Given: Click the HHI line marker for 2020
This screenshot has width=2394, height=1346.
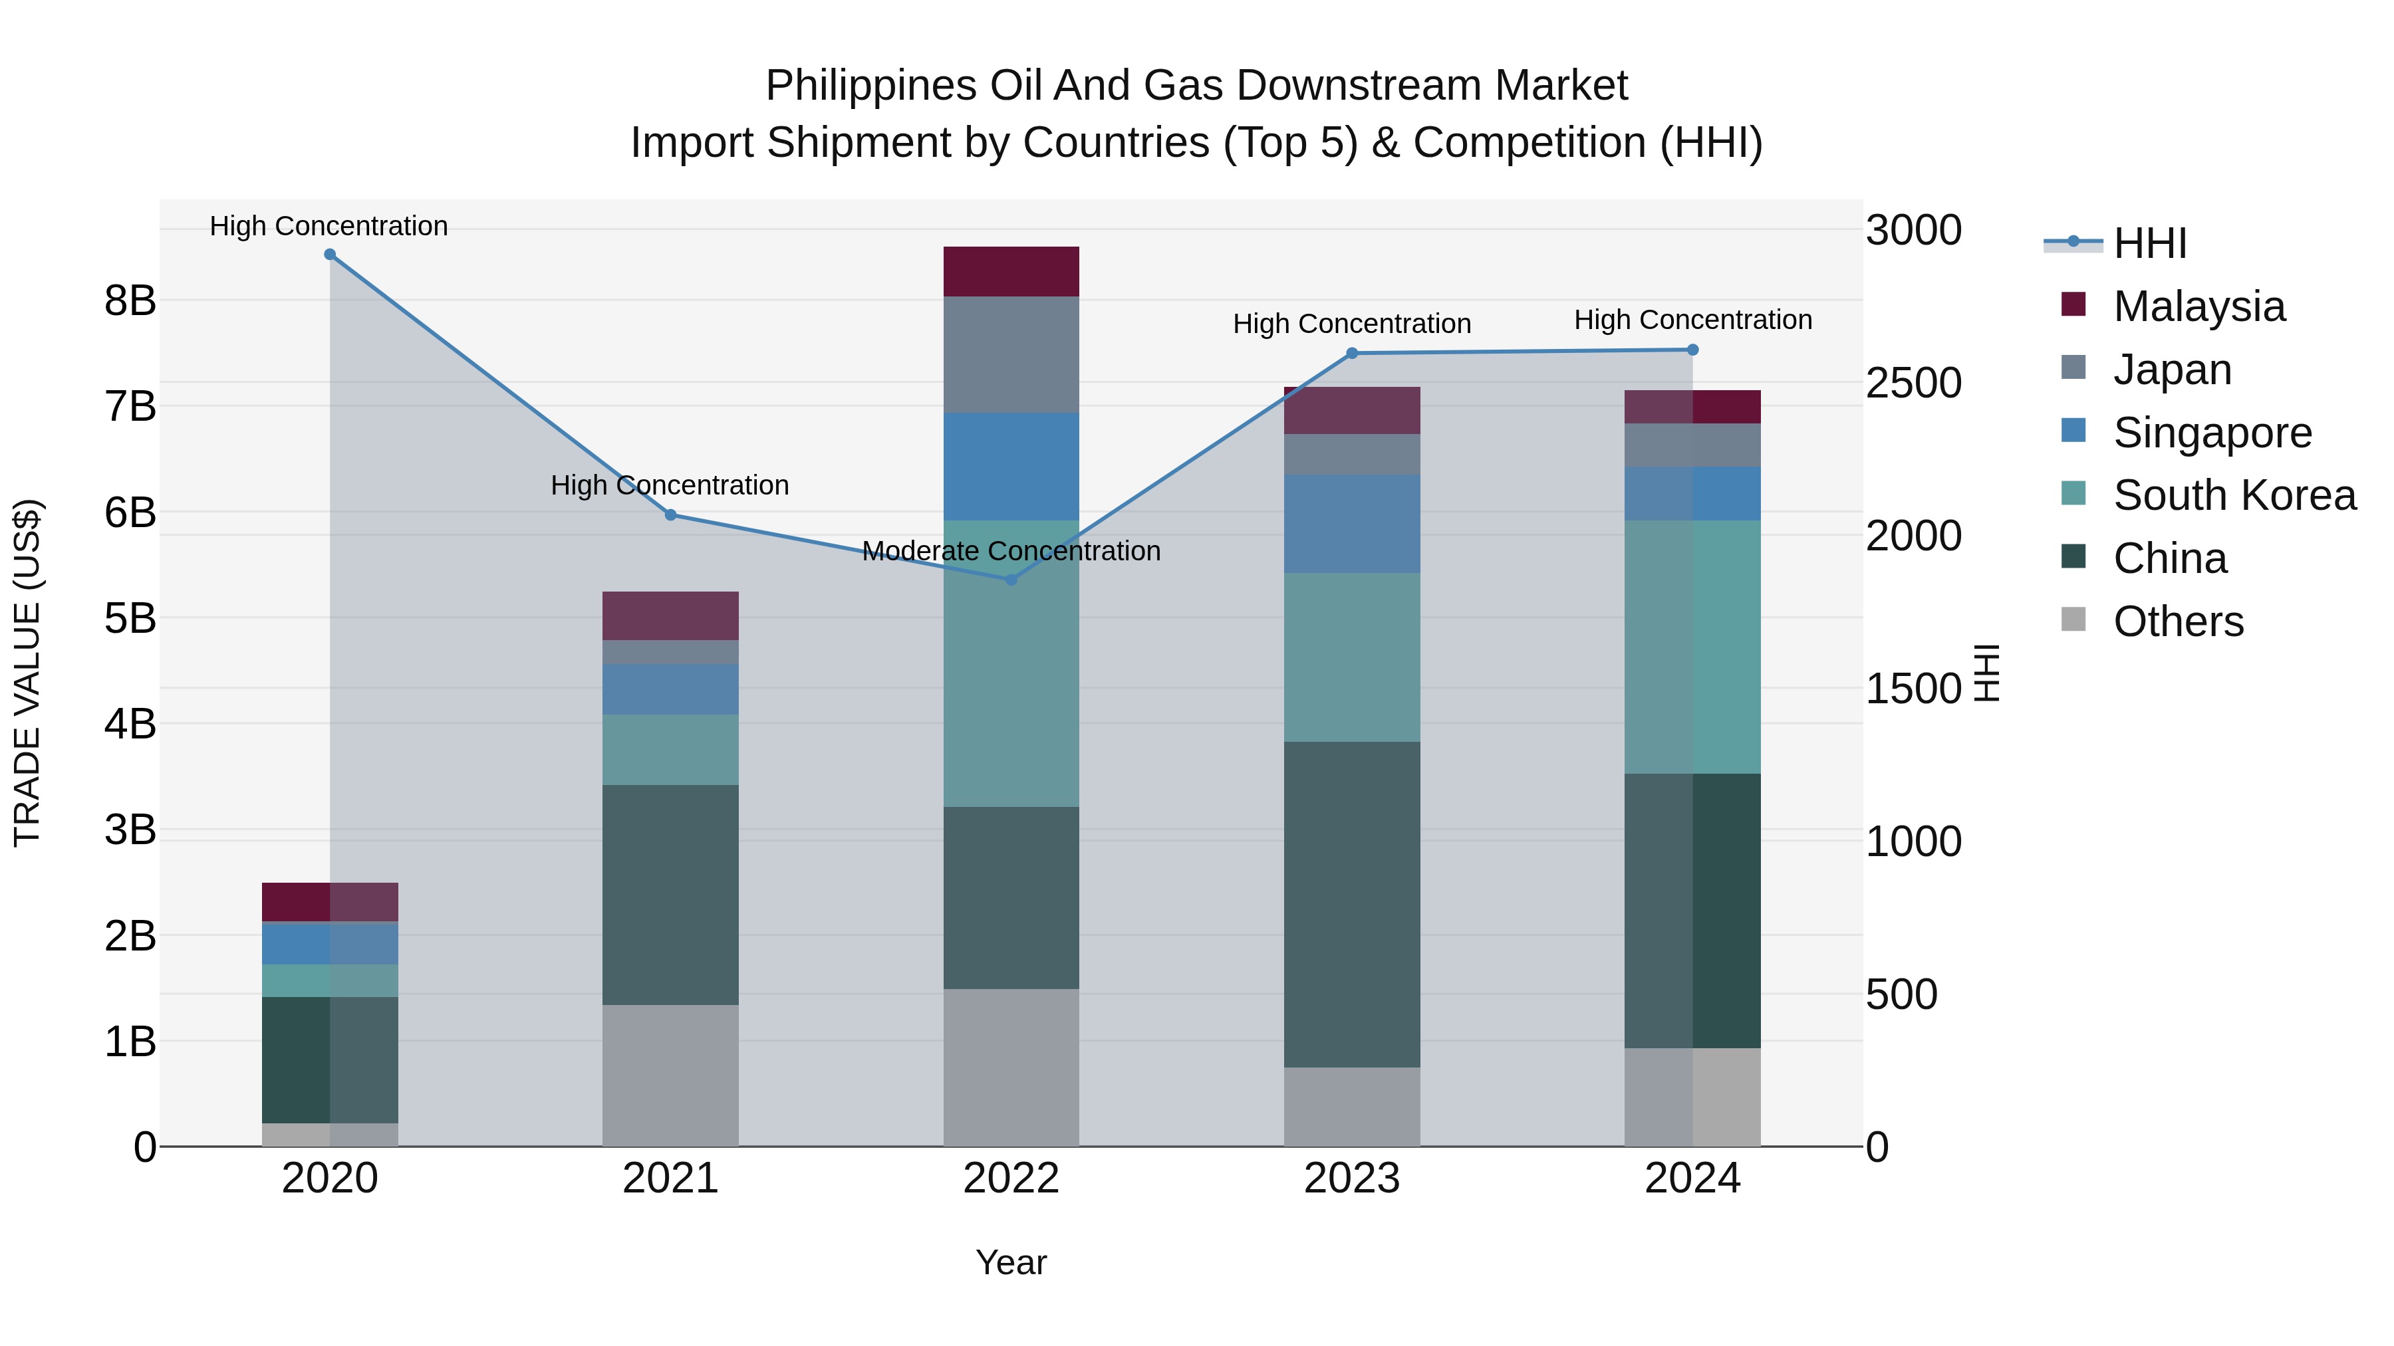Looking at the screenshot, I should pos(330,255).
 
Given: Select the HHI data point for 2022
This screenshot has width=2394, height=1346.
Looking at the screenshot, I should pos(1011,580).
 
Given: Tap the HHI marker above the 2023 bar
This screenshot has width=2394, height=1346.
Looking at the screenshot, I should pos(1352,353).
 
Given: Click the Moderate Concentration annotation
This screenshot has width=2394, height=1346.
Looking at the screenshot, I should pos(1011,551).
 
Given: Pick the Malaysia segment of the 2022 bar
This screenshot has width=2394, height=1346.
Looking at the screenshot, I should pos(1011,271).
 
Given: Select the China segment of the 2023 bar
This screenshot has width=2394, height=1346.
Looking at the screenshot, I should pos(1352,904).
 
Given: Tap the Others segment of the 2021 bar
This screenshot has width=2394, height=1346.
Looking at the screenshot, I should pos(670,1075).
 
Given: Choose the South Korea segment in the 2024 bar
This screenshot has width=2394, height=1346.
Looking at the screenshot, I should pos(1692,647).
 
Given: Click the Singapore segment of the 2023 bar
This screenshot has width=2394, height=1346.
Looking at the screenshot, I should pos(1352,523).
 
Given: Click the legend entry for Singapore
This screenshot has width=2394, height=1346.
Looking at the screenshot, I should pos(2212,433).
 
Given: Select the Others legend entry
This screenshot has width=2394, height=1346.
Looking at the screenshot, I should pos(2177,621).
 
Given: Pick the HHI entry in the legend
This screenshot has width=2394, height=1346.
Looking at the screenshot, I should pos(2149,243).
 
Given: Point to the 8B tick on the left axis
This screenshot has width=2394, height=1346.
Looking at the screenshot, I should pos(130,301).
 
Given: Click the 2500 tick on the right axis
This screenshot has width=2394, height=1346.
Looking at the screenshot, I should pos(1913,384).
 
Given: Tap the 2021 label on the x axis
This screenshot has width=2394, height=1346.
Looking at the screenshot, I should pos(670,1178).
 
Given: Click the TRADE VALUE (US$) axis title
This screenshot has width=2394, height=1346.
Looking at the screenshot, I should pos(28,673).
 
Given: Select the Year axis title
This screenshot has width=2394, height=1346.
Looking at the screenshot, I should pos(1011,1262).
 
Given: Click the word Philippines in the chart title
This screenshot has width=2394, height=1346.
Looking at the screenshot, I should pos(870,86).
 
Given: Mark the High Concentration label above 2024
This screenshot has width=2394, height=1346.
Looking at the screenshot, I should pos(1692,320).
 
